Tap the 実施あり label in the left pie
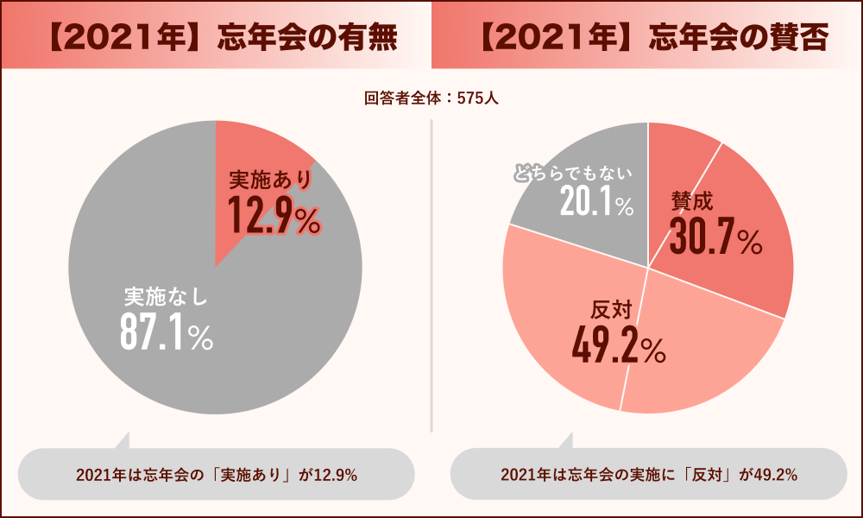click(x=269, y=180)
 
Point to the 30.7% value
click(x=715, y=237)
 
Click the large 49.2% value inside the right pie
click(x=618, y=346)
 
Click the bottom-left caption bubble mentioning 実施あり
click(x=216, y=475)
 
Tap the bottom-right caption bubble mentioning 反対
click(x=648, y=475)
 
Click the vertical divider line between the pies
click(x=431, y=276)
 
